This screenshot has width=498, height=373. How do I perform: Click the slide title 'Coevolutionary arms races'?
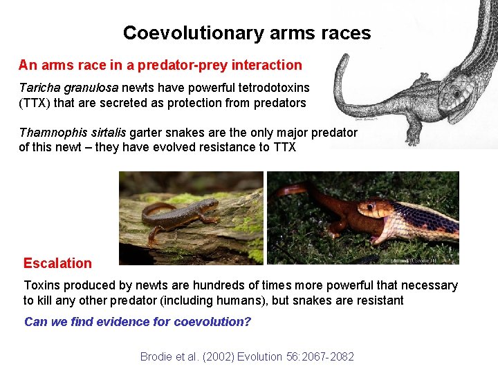click(247, 32)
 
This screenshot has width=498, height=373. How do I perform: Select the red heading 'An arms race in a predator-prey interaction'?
click(160, 66)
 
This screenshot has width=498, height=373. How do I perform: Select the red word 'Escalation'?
click(57, 263)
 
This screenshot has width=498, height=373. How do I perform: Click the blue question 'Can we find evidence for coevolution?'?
click(138, 322)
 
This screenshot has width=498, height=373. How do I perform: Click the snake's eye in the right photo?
click(379, 205)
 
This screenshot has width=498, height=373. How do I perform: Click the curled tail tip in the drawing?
click(344, 76)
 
